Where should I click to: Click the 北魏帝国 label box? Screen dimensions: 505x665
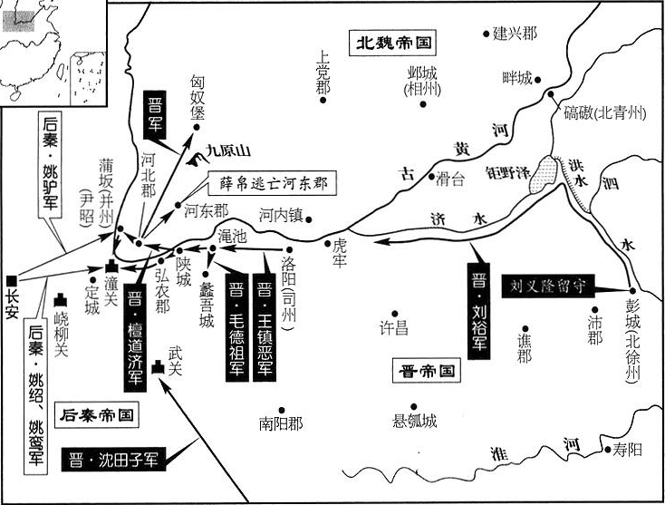(392, 42)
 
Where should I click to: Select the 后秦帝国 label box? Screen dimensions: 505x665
(98, 415)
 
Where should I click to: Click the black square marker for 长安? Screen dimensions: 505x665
(10, 280)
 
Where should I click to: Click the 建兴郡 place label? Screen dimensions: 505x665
(515, 34)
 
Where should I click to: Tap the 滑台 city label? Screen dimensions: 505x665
(450, 180)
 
